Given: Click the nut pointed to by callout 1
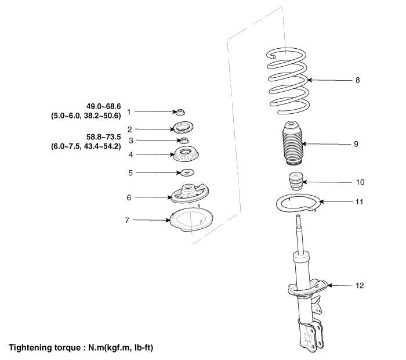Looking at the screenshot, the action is pyautogui.click(x=180, y=113).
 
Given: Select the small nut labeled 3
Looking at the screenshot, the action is pyautogui.click(x=184, y=141).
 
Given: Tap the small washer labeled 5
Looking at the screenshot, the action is pyautogui.click(x=187, y=172).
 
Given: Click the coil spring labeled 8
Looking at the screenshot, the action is pyautogui.click(x=288, y=81).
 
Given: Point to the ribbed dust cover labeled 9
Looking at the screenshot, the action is pyautogui.click(x=292, y=143).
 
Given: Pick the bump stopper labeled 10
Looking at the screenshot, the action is pyautogui.click(x=295, y=181).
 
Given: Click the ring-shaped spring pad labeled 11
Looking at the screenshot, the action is pyautogui.click(x=298, y=203).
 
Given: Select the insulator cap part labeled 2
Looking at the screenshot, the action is pyautogui.click(x=183, y=128).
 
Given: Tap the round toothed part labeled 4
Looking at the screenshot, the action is pyautogui.click(x=186, y=155).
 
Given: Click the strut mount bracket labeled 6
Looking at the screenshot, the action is pyautogui.click(x=190, y=193).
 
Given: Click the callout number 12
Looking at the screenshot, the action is pyautogui.click(x=360, y=285).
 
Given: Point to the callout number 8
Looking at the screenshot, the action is pyautogui.click(x=358, y=80).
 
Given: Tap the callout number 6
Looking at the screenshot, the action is pyautogui.click(x=129, y=197).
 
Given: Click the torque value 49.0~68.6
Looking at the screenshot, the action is pyautogui.click(x=104, y=106).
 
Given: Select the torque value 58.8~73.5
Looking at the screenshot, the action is pyautogui.click(x=104, y=137).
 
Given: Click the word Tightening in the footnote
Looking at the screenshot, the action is pyautogui.click(x=31, y=348).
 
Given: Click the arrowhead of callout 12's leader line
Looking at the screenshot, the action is pyautogui.click(x=329, y=285).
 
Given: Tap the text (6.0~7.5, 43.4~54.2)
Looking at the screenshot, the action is pyautogui.click(x=86, y=146).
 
